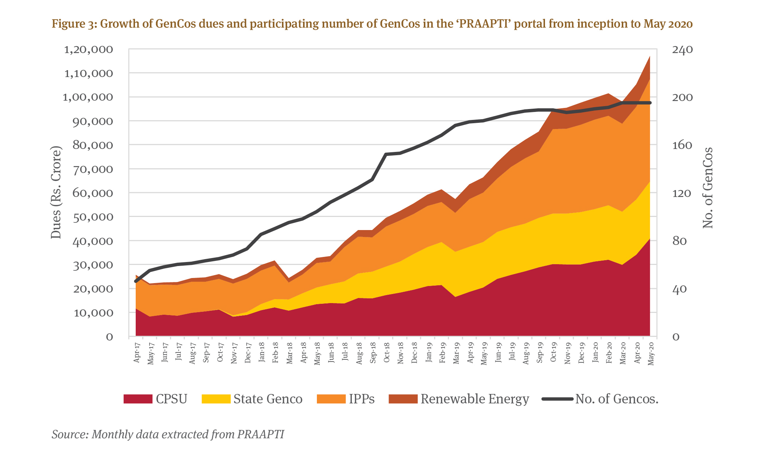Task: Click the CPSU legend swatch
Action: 138,399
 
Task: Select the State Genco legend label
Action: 268,399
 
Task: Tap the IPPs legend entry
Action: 362,399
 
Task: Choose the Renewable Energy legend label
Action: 475,399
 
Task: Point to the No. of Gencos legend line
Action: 557,399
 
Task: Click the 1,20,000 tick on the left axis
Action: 88,49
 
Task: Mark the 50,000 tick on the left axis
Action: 93,217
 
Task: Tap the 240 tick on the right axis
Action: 682,49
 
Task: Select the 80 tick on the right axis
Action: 679,241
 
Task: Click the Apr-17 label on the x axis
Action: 137,352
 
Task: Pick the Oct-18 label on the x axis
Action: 386,352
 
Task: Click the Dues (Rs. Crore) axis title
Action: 56,193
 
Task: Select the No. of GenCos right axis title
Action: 708,188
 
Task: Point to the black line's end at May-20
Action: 650,103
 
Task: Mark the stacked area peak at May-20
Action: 650,57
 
